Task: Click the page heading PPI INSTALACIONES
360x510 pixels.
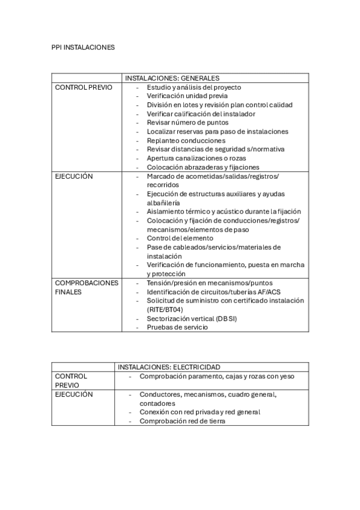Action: pos(83,47)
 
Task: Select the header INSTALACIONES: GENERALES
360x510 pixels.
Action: pos(171,78)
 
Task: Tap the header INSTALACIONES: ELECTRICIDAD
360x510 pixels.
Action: pos(169,367)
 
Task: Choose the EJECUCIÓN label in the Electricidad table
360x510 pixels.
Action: pos(74,395)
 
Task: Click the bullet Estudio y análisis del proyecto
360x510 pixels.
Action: pos(194,87)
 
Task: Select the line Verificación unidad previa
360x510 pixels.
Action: pos(187,96)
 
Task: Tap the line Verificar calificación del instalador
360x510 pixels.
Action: pos(201,114)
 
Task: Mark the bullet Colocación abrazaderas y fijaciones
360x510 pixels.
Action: pos(203,167)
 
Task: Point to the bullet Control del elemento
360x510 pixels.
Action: pos(180,238)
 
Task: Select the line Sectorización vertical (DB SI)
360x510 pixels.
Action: pos(192,319)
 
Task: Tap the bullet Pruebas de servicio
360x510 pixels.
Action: pos(177,327)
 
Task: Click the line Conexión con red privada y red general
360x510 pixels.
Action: pos(200,412)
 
